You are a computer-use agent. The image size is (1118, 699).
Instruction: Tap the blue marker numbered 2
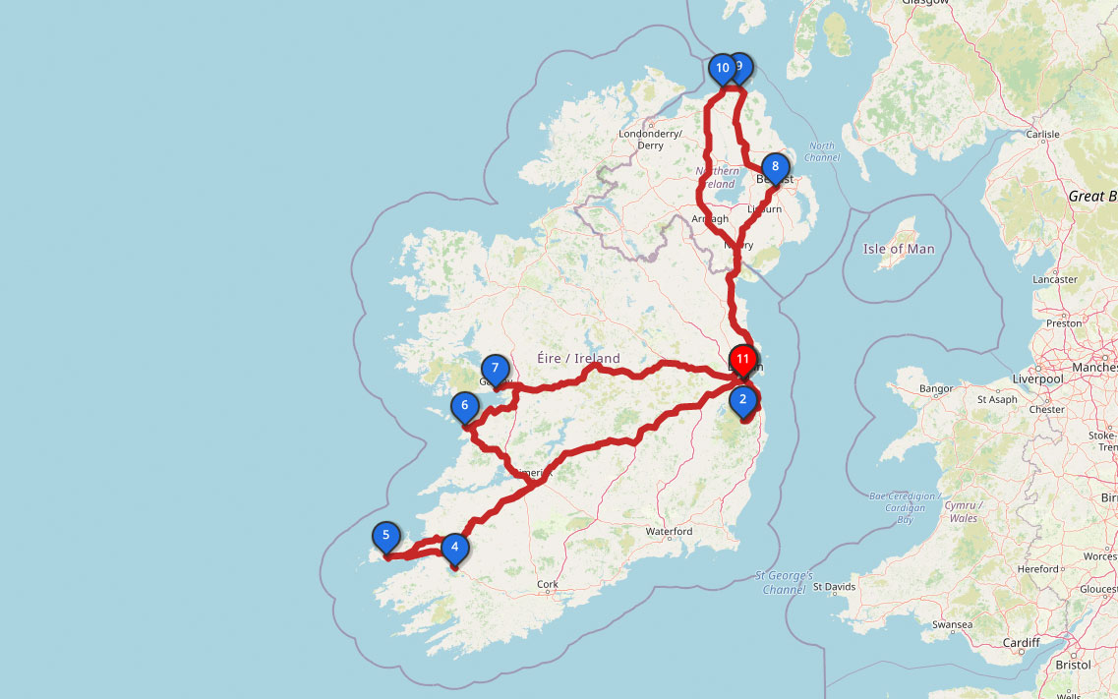(x=743, y=400)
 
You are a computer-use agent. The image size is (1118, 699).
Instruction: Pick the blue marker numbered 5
(x=386, y=537)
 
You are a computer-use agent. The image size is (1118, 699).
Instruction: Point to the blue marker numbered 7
(x=496, y=370)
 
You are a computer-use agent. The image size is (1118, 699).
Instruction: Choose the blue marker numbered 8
(x=775, y=167)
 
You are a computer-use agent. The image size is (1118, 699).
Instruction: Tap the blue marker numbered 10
(x=722, y=69)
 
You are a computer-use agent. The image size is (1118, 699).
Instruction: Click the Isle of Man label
(x=899, y=249)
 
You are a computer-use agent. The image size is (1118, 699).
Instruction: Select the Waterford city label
(x=669, y=531)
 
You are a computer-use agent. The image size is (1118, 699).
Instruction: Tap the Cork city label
(x=548, y=584)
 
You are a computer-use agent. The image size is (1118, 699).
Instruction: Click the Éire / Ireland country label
(x=579, y=358)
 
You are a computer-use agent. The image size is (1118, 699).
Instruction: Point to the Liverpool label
(x=1038, y=379)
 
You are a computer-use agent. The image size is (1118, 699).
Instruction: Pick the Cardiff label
(x=1022, y=643)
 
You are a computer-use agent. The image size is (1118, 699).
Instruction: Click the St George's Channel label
(x=784, y=582)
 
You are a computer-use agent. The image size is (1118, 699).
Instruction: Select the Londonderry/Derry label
(x=650, y=139)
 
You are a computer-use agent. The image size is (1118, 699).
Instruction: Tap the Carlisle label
(x=1042, y=135)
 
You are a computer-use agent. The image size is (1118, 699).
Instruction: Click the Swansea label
(x=952, y=624)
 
